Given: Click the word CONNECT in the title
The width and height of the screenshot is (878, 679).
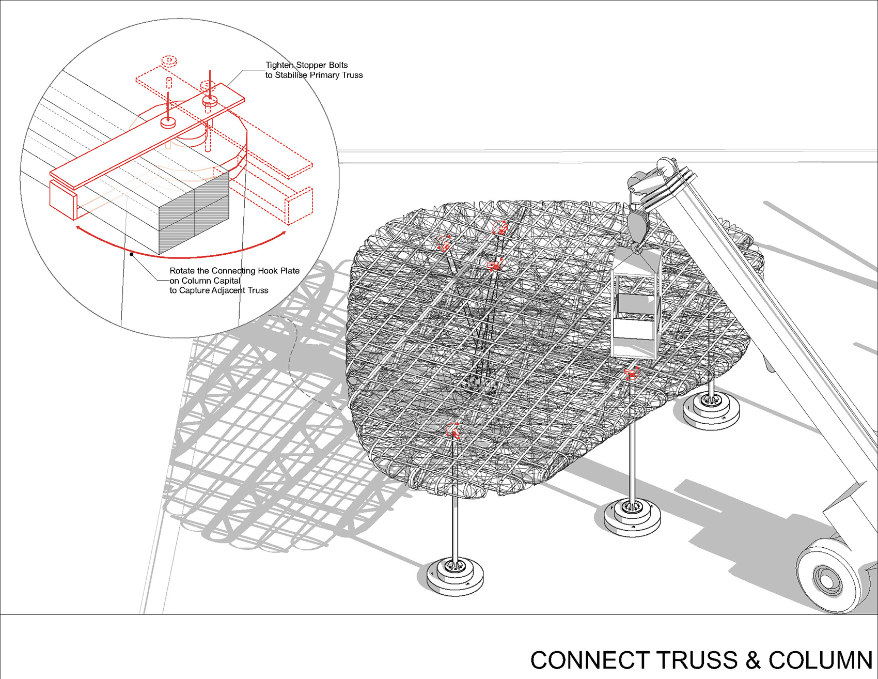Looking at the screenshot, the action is point(589,660).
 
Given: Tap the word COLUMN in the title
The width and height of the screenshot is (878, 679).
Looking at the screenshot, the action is point(820,660).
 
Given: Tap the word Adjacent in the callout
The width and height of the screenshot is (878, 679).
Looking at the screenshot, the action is point(212,290).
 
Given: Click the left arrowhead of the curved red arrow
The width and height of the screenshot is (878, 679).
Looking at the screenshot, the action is point(80,227).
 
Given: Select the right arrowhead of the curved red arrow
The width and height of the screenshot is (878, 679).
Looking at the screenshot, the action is point(282,234).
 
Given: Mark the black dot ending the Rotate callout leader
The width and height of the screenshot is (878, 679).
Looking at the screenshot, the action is point(132,254).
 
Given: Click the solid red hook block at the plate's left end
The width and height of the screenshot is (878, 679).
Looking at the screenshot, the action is point(62,199).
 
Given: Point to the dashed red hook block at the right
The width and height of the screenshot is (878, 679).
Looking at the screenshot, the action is point(299,206).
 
